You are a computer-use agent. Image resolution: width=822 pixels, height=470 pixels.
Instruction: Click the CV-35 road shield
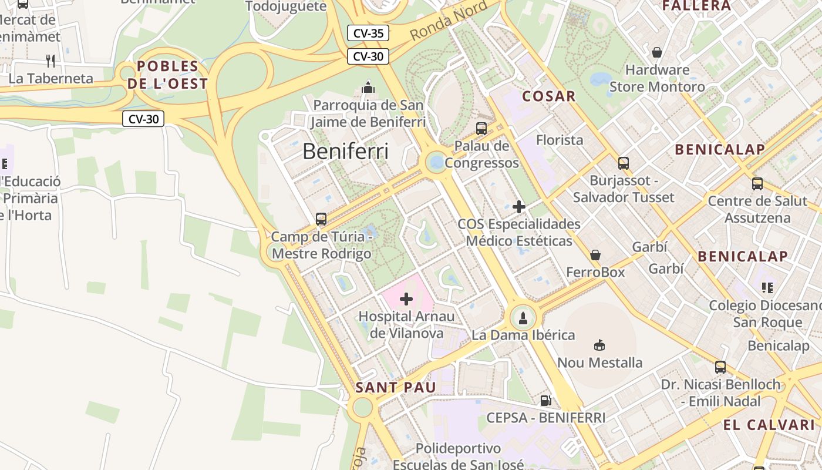(x=368, y=33)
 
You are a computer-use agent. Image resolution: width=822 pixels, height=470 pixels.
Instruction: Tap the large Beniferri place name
(x=345, y=152)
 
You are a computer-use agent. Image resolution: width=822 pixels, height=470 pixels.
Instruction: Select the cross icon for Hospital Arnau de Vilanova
(x=406, y=299)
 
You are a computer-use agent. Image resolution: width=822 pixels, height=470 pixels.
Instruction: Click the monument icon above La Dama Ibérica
(x=523, y=318)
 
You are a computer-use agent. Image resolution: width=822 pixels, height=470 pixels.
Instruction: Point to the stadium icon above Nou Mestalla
(x=599, y=345)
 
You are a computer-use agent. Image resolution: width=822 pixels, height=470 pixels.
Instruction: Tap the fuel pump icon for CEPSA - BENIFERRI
(x=545, y=401)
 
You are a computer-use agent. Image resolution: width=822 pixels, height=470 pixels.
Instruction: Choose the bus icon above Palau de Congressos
(x=481, y=128)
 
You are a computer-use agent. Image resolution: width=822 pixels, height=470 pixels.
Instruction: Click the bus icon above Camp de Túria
(x=321, y=219)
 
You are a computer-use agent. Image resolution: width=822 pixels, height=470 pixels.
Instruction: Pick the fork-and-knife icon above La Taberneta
(x=50, y=61)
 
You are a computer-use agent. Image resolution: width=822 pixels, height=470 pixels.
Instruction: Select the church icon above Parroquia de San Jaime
(x=368, y=88)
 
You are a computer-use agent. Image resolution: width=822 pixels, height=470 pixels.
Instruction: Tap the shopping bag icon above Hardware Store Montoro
(x=656, y=52)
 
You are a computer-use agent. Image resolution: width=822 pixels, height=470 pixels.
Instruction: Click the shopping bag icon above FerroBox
(x=595, y=255)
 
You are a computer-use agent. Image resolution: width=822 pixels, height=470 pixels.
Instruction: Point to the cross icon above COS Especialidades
(x=519, y=206)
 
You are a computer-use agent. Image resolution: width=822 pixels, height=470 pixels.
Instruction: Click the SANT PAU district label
(x=396, y=387)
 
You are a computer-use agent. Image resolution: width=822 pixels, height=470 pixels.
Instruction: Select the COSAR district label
(x=548, y=96)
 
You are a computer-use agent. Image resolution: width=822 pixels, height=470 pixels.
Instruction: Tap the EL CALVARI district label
(x=769, y=425)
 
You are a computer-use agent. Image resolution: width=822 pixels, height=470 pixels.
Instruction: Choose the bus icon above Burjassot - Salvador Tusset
(x=623, y=163)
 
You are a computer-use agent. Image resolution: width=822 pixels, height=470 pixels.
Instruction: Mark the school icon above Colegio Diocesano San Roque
(x=767, y=288)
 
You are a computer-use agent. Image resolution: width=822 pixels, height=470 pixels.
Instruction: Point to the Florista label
(x=560, y=140)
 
